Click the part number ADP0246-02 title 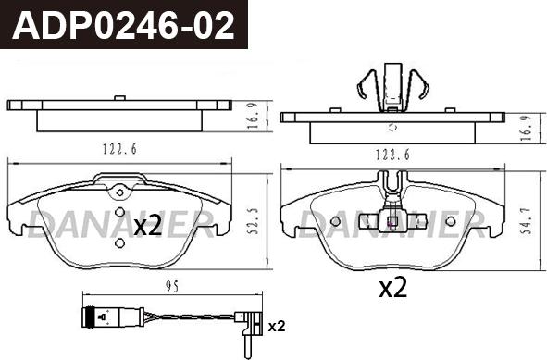tap(123, 25)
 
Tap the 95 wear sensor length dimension tap(172, 287)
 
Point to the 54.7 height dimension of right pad tap(526, 221)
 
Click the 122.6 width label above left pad tap(119, 149)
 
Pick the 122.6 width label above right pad tap(392, 155)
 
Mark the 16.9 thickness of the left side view tap(254, 117)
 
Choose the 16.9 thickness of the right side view tap(526, 128)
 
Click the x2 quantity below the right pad tap(393, 288)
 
